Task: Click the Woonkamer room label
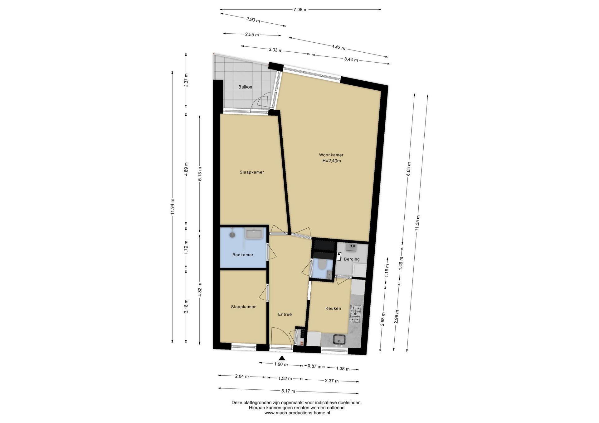331,155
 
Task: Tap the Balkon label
245,87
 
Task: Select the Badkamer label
243,255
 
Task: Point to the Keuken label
333,308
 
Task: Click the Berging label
352,259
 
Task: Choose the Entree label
285,315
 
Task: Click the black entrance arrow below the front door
282,358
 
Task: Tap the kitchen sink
339,340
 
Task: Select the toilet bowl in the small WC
321,265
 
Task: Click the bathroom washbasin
254,234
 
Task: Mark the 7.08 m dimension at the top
300,10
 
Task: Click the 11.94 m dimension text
173,207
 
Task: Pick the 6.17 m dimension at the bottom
288,391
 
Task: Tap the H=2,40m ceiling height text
331,161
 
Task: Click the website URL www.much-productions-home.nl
297,413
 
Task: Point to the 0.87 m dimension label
314,367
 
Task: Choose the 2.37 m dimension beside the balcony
186,80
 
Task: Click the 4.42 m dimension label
338,47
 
